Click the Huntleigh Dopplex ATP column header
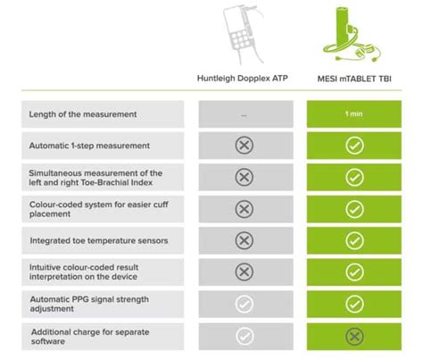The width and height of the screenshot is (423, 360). [244, 78]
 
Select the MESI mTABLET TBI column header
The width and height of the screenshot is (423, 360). [354, 78]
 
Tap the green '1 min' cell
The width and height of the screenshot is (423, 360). [354, 113]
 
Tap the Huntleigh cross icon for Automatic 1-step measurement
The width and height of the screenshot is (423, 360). [244, 146]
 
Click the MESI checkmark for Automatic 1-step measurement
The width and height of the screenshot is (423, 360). [354, 146]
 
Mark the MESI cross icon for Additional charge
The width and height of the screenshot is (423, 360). [354, 336]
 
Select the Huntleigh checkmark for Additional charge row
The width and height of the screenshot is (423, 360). [244, 336]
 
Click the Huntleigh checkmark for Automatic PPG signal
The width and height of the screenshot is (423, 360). [244, 305]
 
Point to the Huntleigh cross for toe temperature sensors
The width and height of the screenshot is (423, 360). [244, 240]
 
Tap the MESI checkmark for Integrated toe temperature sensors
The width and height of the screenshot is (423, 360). [354, 240]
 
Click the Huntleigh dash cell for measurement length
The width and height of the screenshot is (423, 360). [244, 114]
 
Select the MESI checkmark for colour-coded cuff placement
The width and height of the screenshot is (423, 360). [354, 209]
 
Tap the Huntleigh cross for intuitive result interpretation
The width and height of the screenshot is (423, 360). [244, 272]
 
